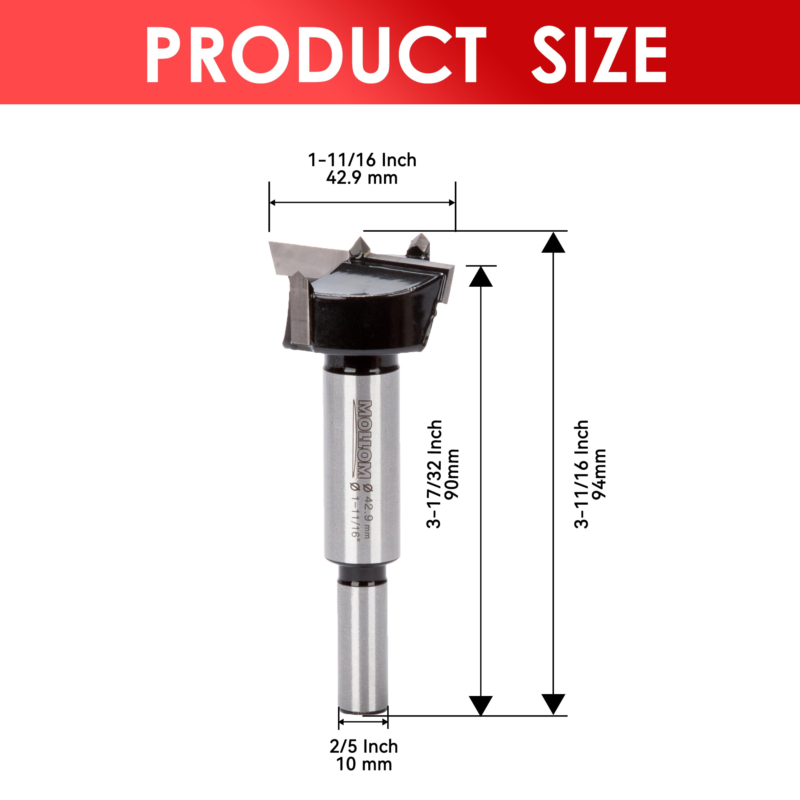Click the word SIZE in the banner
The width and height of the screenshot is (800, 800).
(599, 55)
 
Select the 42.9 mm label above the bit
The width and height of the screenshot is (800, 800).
(362, 178)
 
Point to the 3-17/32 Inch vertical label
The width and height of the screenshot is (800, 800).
(434, 474)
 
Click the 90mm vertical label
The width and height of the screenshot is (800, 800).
(452, 474)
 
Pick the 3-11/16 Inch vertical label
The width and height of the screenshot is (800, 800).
(581, 474)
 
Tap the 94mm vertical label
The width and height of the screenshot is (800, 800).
(599, 474)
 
